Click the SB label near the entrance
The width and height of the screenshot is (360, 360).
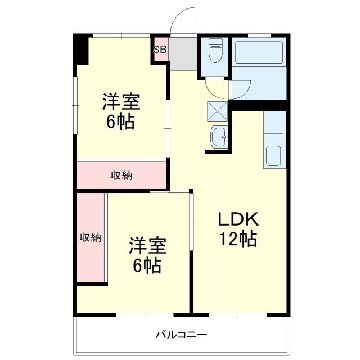[159, 49]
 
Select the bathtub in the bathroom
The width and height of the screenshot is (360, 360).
[259, 53]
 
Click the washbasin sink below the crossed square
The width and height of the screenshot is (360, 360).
[218, 136]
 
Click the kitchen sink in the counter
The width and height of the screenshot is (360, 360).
[275, 156]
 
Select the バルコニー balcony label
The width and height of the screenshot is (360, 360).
[181, 335]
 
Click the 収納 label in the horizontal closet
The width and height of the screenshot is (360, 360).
[121, 175]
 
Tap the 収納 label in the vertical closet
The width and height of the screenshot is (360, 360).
[90, 237]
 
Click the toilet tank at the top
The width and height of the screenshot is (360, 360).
[215, 43]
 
